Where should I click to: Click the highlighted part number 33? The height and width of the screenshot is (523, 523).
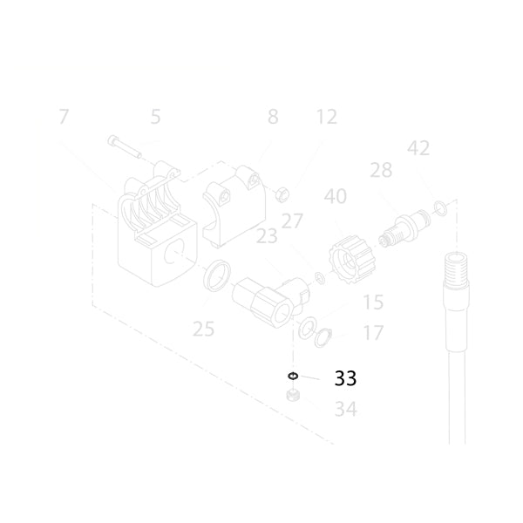pos(345,378)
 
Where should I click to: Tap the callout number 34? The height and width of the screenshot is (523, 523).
pos(345,409)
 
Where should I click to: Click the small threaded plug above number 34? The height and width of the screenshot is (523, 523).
pos(293,395)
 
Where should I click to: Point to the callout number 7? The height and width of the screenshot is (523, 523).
pos(64,117)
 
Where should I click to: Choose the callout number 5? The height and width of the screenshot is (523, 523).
pos(155,117)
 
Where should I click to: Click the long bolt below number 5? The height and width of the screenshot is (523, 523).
pos(125,146)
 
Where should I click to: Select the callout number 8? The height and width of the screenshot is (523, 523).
pos(273,117)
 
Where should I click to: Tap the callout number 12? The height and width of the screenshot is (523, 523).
pos(327,117)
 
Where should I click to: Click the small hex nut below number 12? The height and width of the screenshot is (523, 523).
pos(282,194)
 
